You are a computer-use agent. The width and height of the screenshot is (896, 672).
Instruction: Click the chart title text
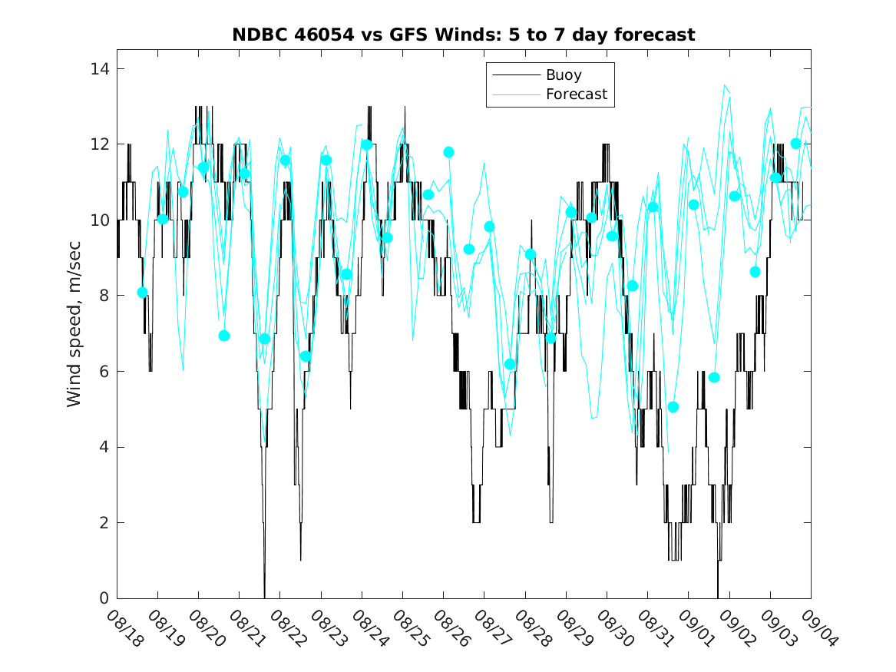coord(464,35)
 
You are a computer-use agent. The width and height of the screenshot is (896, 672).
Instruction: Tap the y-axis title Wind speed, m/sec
coord(74,333)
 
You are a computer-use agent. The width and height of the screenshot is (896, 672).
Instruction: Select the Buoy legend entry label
coord(564,75)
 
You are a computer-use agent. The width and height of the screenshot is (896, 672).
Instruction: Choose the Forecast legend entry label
coord(576,94)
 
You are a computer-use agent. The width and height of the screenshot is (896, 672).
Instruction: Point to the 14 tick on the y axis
coord(101,69)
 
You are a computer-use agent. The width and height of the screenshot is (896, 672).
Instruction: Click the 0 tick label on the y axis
coord(104,598)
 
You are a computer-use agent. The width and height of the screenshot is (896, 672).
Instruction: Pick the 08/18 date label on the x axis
coord(124,629)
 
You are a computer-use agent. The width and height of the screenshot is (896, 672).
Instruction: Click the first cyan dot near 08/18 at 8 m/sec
coord(142,293)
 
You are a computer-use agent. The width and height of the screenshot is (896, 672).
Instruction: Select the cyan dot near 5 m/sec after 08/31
coord(673,407)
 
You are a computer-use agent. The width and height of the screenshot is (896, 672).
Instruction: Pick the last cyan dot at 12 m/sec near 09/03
coord(795,144)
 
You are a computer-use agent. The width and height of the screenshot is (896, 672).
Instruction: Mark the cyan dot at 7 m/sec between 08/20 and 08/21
coord(224,336)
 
